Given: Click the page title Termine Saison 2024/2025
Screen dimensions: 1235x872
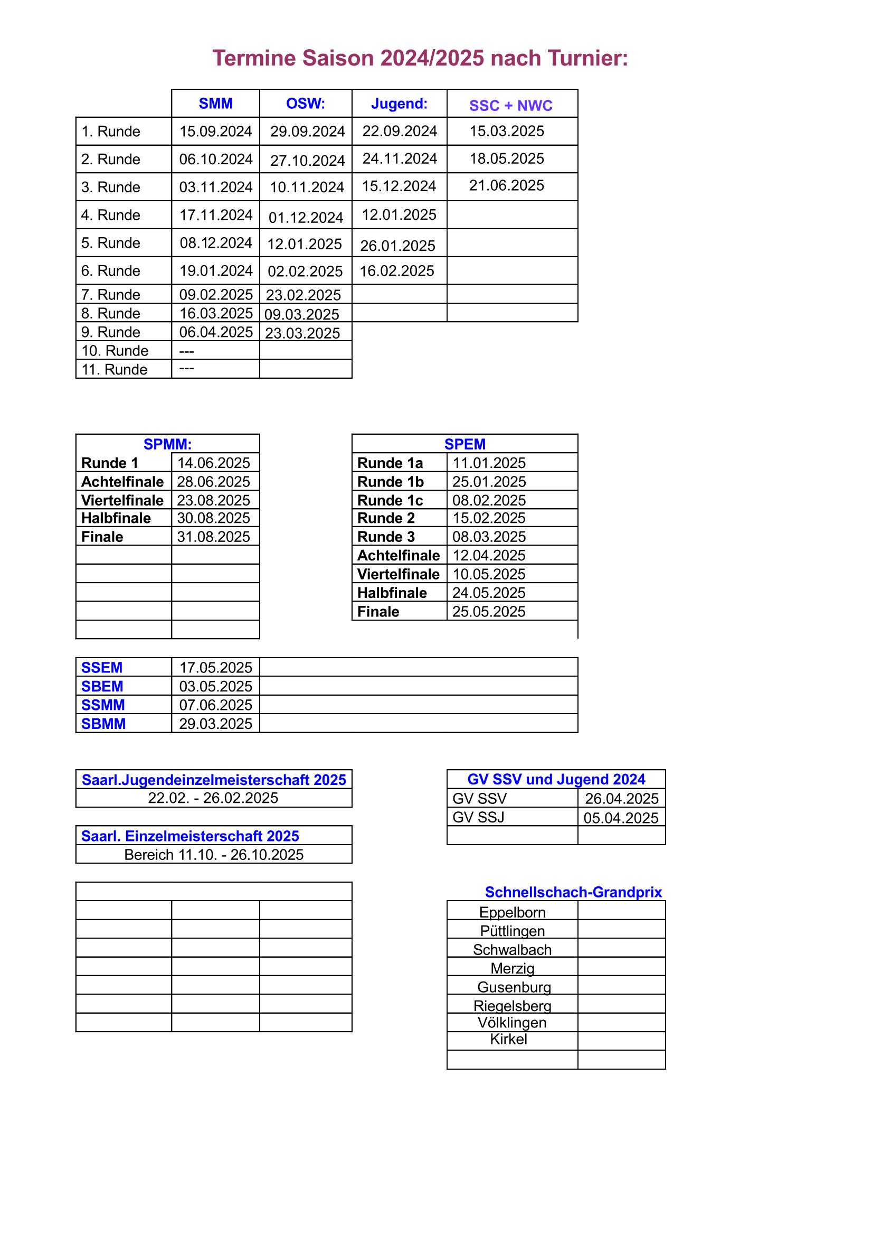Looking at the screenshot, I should [x=420, y=58].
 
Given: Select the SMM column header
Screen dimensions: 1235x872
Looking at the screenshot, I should [x=215, y=104].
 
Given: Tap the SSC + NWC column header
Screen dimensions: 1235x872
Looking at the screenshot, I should [x=510, y=106].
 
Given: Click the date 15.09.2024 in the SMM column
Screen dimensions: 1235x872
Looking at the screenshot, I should [x=215, y=131].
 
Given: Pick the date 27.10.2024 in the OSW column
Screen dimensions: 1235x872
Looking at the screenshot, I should [x=307, y=160].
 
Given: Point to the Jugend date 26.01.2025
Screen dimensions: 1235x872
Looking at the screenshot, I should [x=397, y=246].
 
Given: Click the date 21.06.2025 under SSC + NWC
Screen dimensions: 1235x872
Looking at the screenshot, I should [x=506, y=185].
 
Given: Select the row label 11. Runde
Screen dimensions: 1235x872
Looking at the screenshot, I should [x=114, y=370].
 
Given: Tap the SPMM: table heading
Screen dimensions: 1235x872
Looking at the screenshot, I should [x=167, y=444].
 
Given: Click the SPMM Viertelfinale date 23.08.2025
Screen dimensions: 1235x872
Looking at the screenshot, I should [x=213, y=500].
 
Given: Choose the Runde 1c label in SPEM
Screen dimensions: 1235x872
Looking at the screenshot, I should [x=390, y=500].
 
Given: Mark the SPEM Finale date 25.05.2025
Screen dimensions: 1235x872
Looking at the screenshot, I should [x=488, y=612].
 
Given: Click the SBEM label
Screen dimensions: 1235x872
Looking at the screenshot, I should [x=102, y=686].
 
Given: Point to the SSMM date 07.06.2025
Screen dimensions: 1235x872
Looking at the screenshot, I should [x=215, y=705].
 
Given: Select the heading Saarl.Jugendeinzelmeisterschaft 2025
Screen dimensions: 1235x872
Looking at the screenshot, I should [x=213, y=780].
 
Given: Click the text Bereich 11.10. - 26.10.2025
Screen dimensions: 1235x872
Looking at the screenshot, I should [x=213, y=855].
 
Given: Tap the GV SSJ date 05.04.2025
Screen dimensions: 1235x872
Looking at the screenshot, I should [x=620, y=818].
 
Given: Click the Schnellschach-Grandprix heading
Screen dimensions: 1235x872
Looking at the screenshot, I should [x=573, y=892].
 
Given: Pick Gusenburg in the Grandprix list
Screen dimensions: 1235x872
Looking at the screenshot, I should [x=514, y=987].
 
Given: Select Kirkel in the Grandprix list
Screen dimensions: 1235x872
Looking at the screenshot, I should [x=508, y=1038].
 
